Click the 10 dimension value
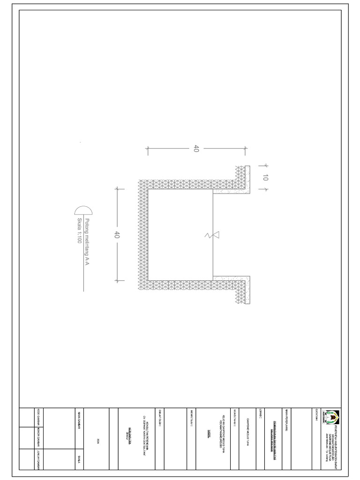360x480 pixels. pos(265,178)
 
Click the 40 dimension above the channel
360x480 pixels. pos(196,149)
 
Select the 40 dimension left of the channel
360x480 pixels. pos(117,235)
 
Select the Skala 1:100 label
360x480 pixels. pos(79,231)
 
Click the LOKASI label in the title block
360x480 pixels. pos(259,413)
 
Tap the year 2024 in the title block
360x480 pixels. pos(98,440)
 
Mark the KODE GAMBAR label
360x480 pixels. pos(37,418)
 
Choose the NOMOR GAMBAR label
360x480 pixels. pos(37,438)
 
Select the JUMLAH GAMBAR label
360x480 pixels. pos(37,459)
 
